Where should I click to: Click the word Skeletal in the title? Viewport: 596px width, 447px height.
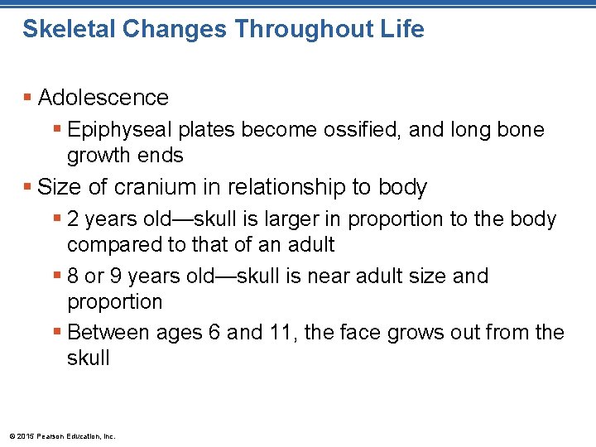[x=66, y=30]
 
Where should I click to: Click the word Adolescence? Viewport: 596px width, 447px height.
[x=103, y=98]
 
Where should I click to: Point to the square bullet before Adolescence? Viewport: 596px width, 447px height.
[x=28, y=98]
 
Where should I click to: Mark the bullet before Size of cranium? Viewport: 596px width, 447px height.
[x=28, y=187]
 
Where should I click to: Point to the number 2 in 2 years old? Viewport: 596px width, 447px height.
[x=74, y=219]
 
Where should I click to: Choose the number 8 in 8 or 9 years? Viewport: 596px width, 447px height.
[x=74, y=276]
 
